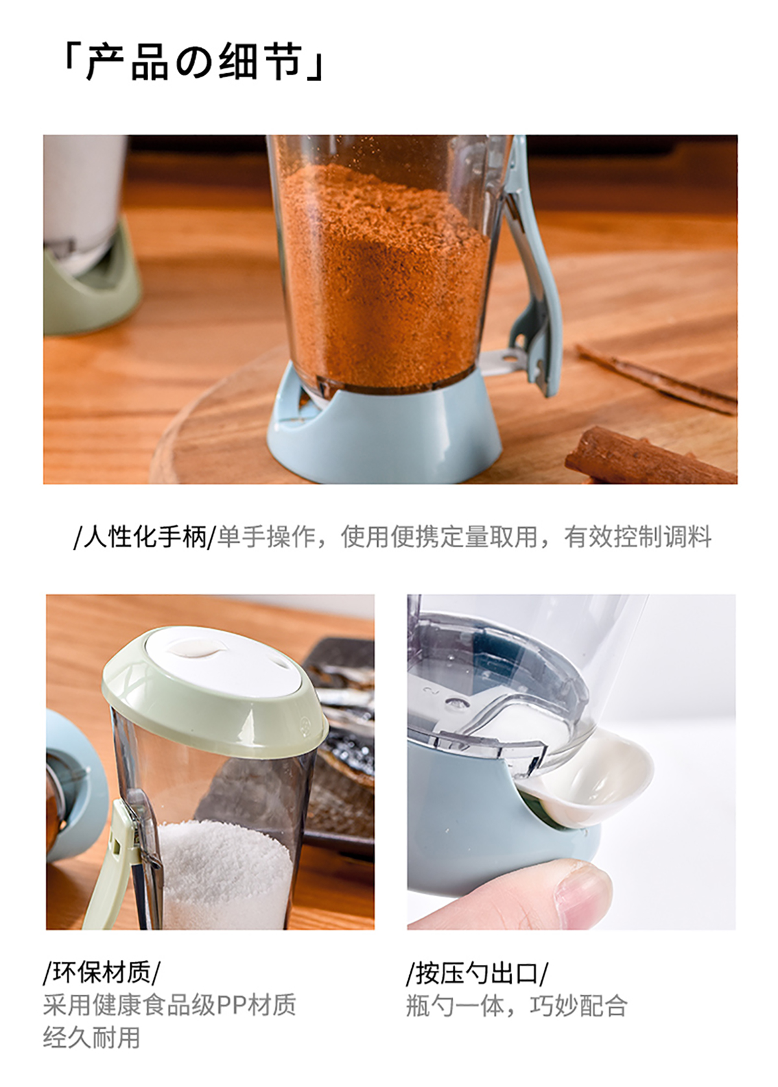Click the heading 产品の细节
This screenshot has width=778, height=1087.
click(x=194, y=62)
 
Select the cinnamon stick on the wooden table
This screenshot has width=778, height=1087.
click(x=650, y=456)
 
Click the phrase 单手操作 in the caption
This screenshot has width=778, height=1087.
click(x=266, y=537)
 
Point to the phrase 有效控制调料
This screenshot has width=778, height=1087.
click(x=637, y=537)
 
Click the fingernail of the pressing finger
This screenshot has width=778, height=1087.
click(x=581, y=884)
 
